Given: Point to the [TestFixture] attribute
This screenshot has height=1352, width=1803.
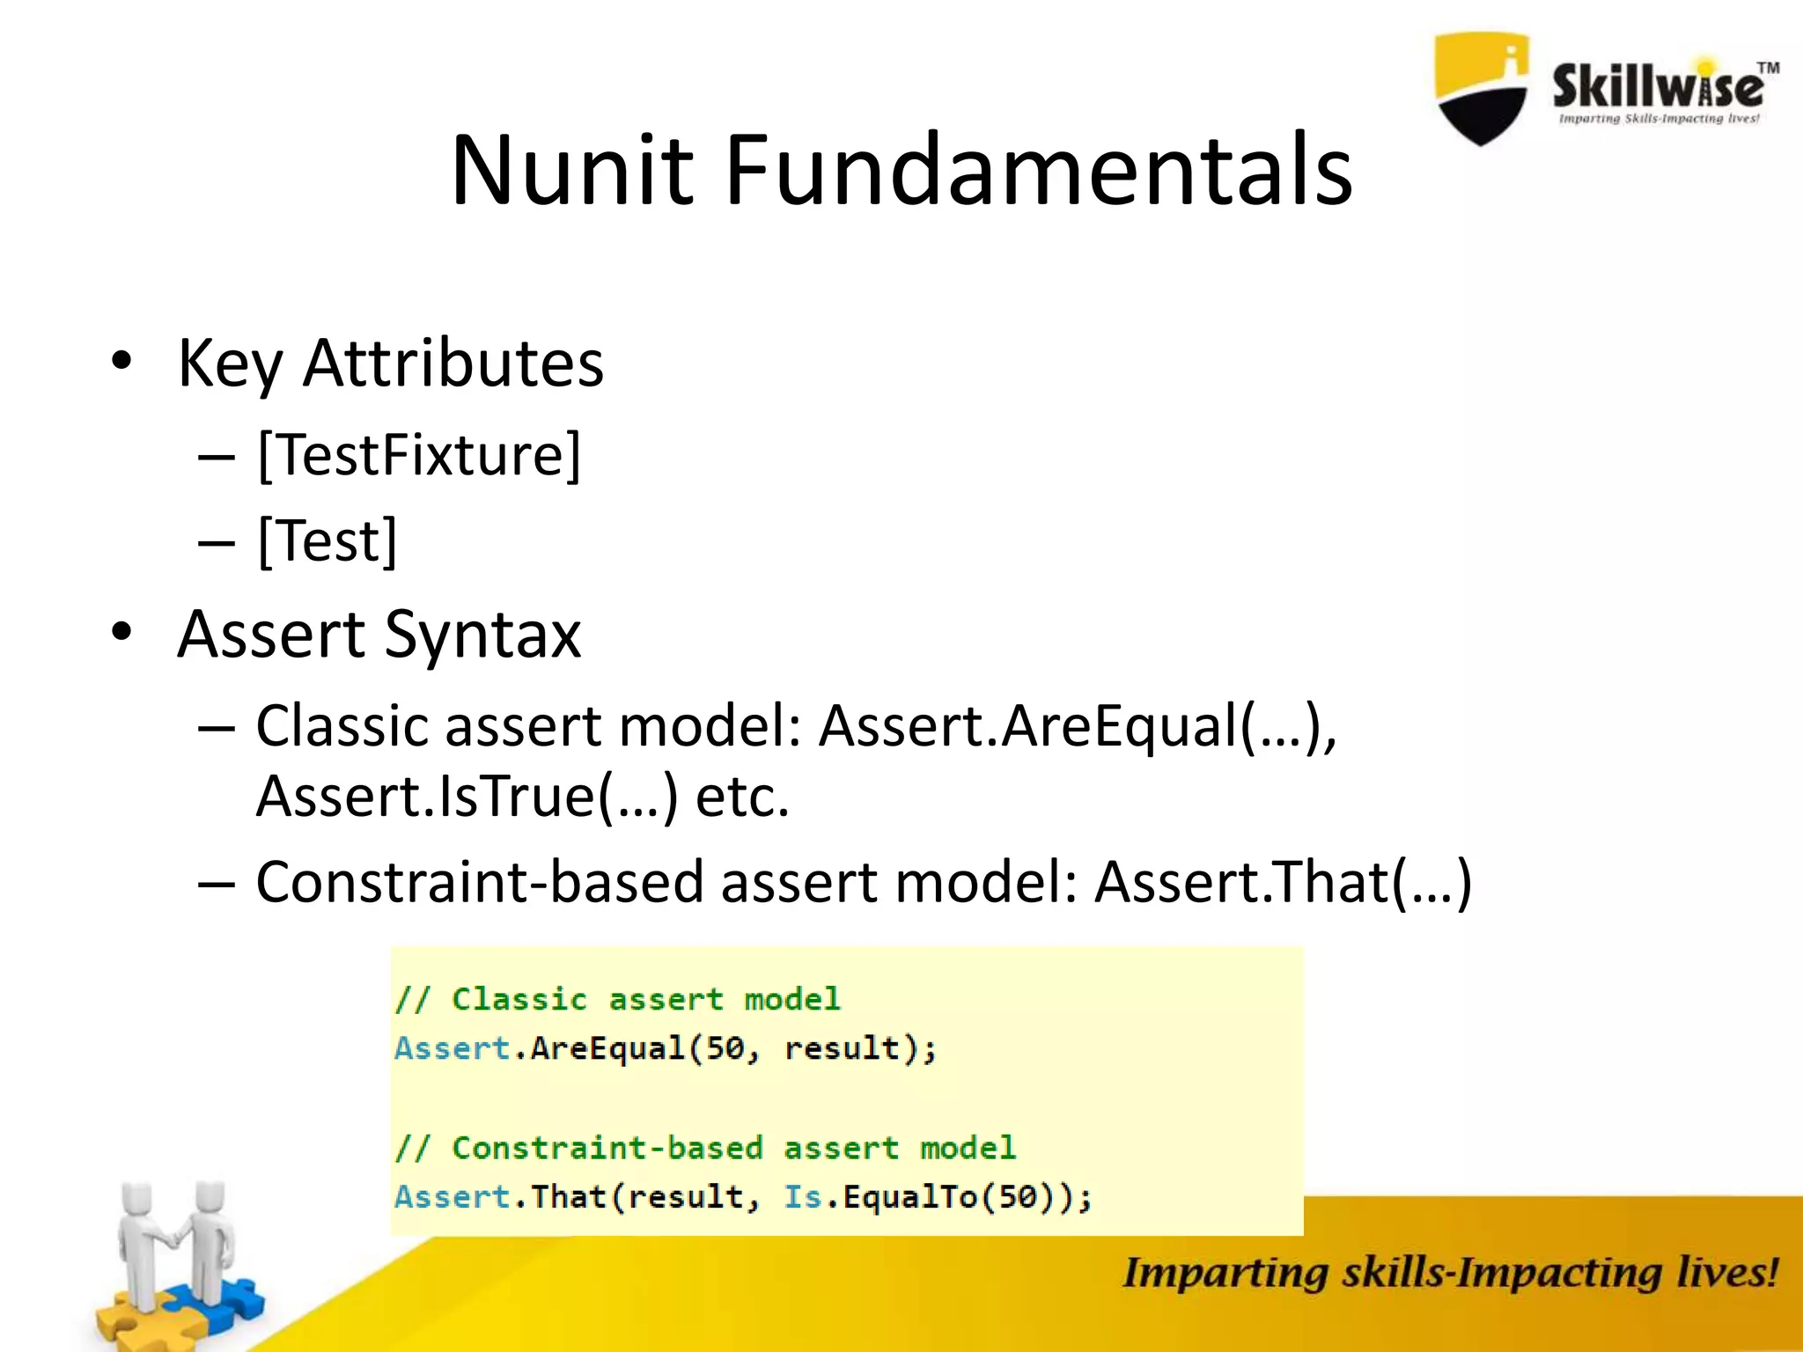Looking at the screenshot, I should tap(419, 455).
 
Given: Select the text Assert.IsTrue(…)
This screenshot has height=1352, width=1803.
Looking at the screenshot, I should tap(467, 797).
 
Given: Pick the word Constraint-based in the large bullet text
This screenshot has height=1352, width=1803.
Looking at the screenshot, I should tap(480, 882).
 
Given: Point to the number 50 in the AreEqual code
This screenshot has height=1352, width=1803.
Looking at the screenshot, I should tap(725, 1048).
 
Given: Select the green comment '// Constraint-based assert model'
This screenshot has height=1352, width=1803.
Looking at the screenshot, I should tap(705, 1148).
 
